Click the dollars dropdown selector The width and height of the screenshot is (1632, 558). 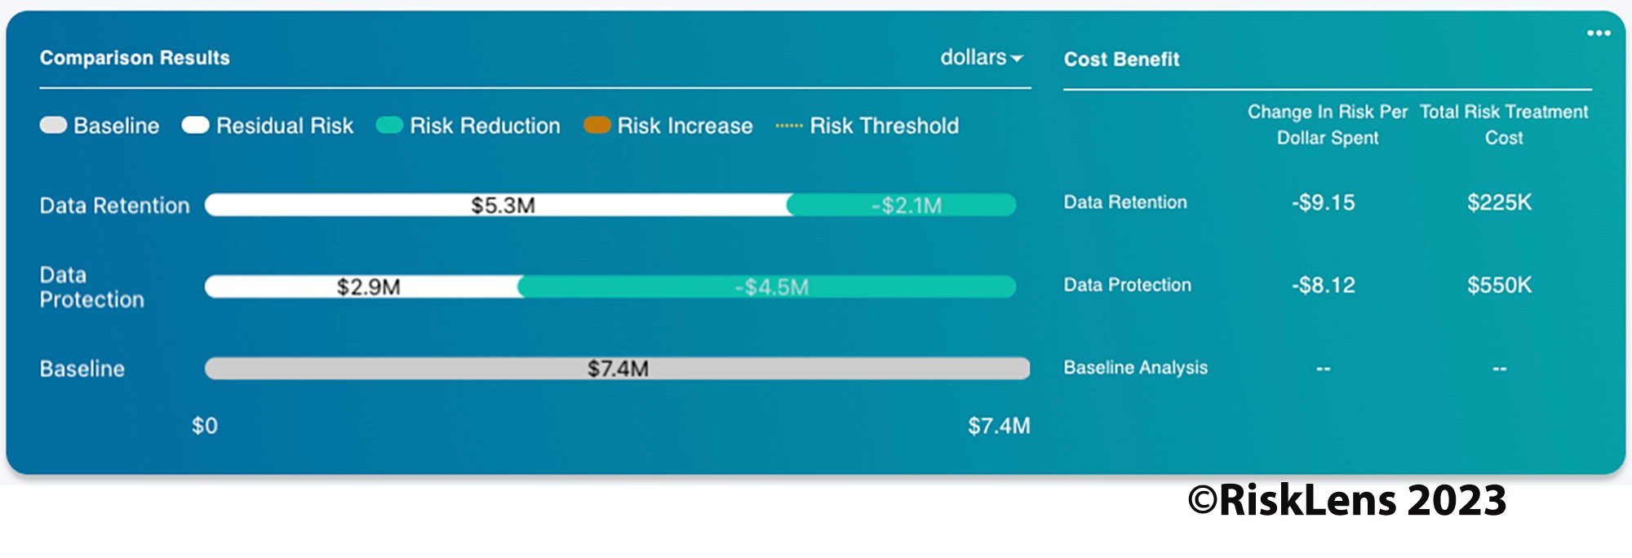click(981, 58)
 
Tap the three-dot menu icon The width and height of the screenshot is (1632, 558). click(1598, 33)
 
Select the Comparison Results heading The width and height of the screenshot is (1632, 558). click(135, 58)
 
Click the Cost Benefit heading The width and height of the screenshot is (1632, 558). click(1121, 60)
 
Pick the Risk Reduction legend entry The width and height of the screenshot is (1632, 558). click(468, 126)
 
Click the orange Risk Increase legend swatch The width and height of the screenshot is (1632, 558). click(597, 126)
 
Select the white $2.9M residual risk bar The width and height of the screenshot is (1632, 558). click(367, 286)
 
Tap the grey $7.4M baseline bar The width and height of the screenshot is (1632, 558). click(617, 368)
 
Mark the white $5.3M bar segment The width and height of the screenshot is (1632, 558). click(502, 205)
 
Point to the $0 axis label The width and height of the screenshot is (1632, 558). click(204, 426)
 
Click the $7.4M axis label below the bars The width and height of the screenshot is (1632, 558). click(999, 426)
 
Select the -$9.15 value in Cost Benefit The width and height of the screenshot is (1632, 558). click(1323, 202)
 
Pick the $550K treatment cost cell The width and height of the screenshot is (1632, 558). click(1499, 285)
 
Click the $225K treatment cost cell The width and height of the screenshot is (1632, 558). click(1499, 202)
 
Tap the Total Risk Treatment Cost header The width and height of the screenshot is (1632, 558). click(1504, 124)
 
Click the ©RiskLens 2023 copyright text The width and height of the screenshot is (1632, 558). click(1346, 500)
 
